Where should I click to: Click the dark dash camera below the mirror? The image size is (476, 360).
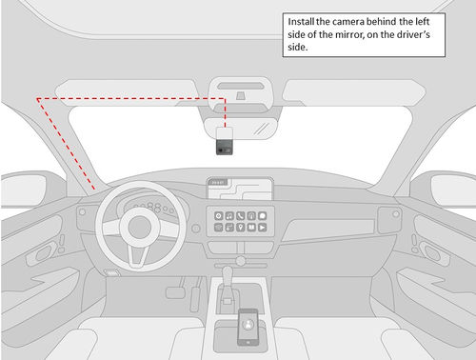pos(225,145)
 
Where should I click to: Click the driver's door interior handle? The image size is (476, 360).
pos(42,255)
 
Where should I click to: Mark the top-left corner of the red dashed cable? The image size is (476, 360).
pos(37,98)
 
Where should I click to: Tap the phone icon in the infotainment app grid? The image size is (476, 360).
pos(241,216)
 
